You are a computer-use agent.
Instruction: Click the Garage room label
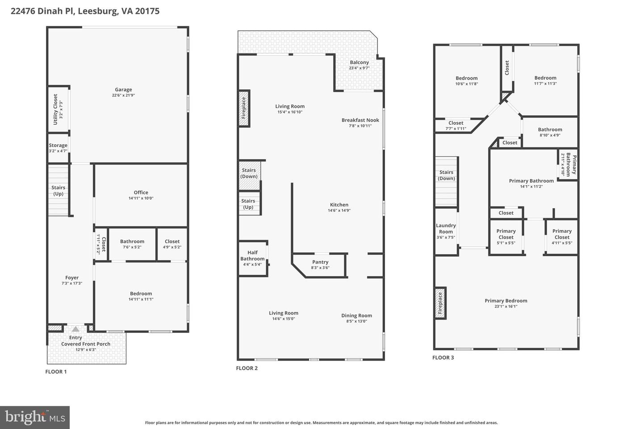(x=123, y=90)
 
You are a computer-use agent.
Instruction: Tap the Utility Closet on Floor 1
(x=58, y=109)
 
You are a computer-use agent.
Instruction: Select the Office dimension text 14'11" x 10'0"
(x=141, y=198)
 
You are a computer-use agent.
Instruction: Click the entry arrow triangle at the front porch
(x=75, y=329)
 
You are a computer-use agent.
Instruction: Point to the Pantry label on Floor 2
(x=320, y=262)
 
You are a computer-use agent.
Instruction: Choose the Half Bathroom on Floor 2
(x=253, y=259)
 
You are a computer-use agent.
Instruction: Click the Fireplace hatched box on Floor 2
(x=244, y=109)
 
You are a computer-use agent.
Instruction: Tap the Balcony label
(x=359, y=63)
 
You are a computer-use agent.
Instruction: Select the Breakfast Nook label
(x=360, y=120)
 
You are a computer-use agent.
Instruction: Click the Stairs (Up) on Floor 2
(x=249, y=204)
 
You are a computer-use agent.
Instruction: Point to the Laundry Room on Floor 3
(x=446, y=229)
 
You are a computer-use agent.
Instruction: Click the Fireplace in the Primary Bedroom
(x=440, y=303)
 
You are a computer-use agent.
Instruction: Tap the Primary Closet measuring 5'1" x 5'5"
(x=506, y=237)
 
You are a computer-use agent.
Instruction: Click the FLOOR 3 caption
(x=443, y=357)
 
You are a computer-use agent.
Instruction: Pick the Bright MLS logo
(x=34, y=417)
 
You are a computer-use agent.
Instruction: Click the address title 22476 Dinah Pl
(x=85, y=11)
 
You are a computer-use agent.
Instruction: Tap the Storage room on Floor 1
(x=58, y=148)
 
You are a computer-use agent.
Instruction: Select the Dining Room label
(x=356, y=315)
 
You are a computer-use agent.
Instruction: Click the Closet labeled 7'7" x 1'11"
(x=456, y=126)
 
